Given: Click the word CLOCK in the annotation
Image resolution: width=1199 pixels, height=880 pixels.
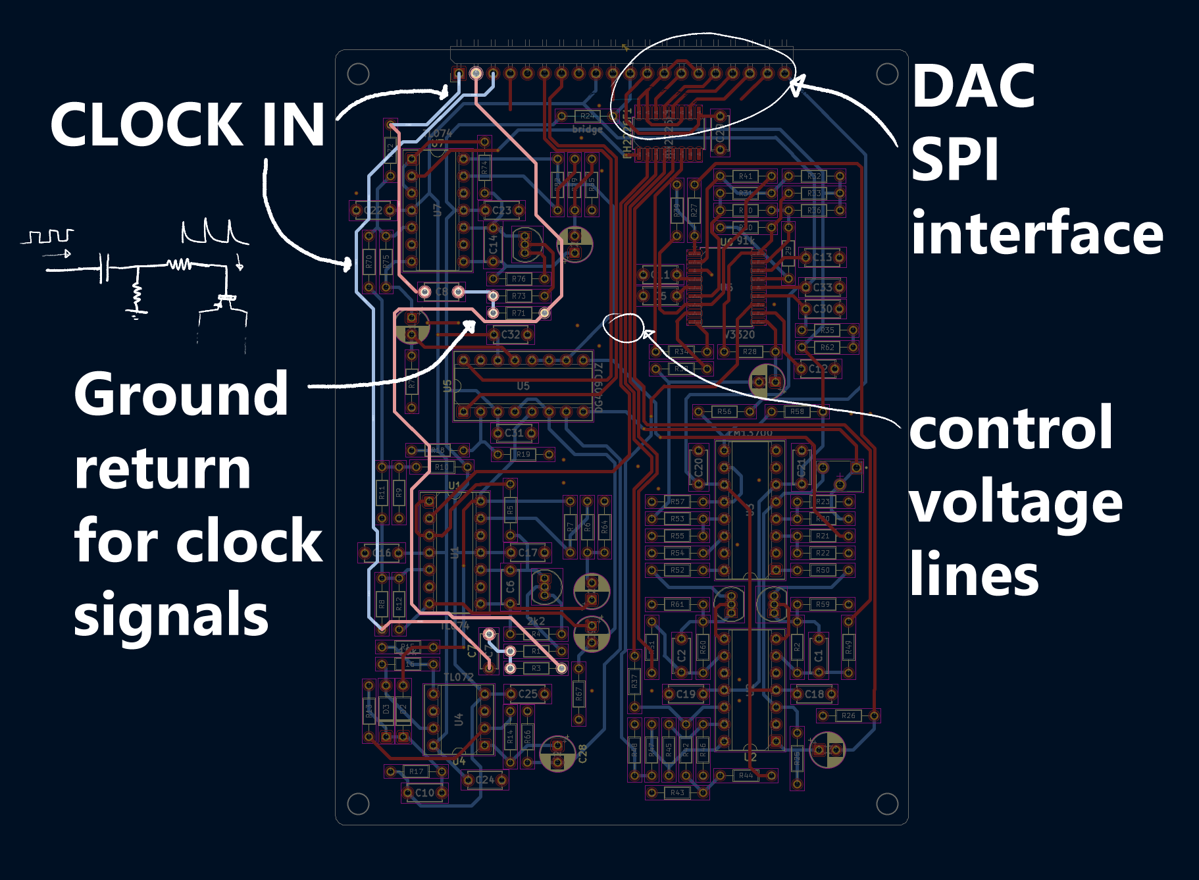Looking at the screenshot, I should click(x=147, y=124).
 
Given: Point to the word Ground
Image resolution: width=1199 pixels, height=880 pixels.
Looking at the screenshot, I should click(x=181, y=395).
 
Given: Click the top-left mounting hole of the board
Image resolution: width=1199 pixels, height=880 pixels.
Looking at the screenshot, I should click(x=358, y=74).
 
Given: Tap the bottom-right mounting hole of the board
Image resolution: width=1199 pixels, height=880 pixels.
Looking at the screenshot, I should click(x=887, y=804).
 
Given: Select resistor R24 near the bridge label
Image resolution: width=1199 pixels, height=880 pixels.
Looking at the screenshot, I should click(x=586, y=116).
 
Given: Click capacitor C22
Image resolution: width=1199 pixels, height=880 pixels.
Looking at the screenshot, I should click(x=373, y=211).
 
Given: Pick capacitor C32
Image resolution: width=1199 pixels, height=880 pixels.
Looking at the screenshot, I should click(x=511, y=334).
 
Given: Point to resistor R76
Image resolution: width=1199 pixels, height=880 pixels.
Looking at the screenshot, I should click(x=519, y=279).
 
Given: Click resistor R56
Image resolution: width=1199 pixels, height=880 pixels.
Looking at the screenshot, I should click(x=724, y=411).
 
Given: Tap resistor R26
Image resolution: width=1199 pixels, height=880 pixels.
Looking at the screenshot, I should click(x=848, y=715).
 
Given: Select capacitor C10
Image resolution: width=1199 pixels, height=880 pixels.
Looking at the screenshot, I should click(x=424, y=793).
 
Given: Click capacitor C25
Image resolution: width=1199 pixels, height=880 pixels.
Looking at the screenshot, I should click(x=528, y=694).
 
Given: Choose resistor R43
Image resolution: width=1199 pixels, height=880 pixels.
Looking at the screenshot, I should click(x=677, y=792).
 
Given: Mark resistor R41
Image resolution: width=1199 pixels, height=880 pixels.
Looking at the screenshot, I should click(x=745, y=176).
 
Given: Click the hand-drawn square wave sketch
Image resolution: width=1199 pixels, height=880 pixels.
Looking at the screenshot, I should click(x=50, y=236).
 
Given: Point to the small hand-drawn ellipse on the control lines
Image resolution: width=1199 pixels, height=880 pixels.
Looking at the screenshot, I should click(x=623, y=327).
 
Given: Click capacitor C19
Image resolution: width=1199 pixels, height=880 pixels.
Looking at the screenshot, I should click(x=686, y=694).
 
